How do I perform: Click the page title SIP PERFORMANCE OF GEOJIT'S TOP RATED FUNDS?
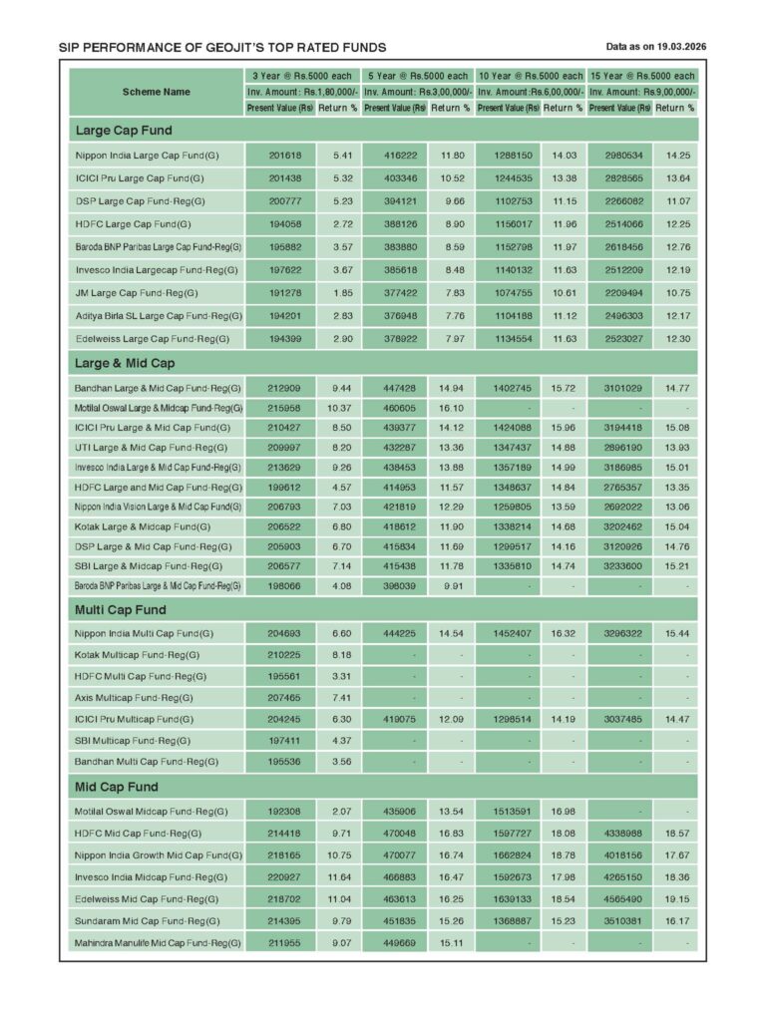(222, 47)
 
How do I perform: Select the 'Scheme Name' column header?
(156, 92)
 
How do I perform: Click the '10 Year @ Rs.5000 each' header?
(531, 76)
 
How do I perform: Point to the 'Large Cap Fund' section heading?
(124, 131)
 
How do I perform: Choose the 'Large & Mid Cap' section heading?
(125, 364)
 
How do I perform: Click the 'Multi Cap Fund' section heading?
(121, 609)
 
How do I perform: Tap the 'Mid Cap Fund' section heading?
(117, 788)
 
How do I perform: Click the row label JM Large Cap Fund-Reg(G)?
(137, 293)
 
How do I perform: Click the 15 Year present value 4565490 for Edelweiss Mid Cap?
(620, 898)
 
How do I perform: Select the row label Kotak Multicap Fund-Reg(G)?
(137, 655)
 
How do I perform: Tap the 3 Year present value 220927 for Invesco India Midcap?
(280, 876)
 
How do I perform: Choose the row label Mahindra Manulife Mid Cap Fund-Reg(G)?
(158, 942)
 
